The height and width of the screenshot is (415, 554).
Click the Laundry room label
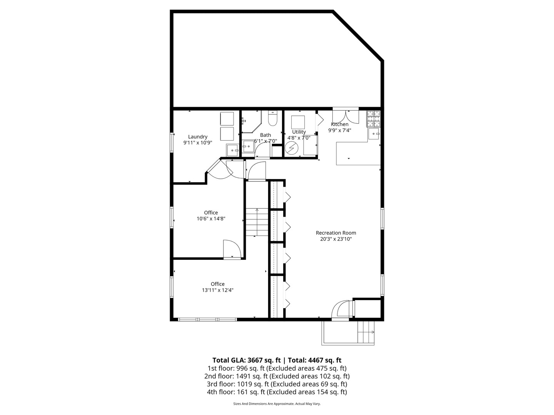[x=198, y=137]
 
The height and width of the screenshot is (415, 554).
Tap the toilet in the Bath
[x=272, y=119]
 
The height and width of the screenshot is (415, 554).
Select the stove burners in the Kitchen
[x=373, y=118]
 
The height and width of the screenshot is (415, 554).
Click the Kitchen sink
[x=374, y=134]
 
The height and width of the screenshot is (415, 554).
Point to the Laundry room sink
[x=232, y=150]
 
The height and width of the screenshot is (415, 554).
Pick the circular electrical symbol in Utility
[x=291, y=148]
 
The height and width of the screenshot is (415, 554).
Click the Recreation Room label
[x=336, y=233]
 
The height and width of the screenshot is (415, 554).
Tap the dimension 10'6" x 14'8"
[x=211, y=219]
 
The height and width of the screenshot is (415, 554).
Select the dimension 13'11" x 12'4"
[x=217, y=290]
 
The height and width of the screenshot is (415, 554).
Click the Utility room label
[x=299, y=132]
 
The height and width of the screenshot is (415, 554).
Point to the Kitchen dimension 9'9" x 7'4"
[x=340, y=130]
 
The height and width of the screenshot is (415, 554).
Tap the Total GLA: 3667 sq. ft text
[x=246, y=360]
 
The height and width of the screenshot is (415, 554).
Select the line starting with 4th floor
[x=277, y=392]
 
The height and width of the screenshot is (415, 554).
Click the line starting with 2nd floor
[x=277, y=376]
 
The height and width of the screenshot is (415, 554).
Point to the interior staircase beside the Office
[x=257, y=222]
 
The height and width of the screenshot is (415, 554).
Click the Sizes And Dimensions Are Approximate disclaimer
[x=277, y=404]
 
